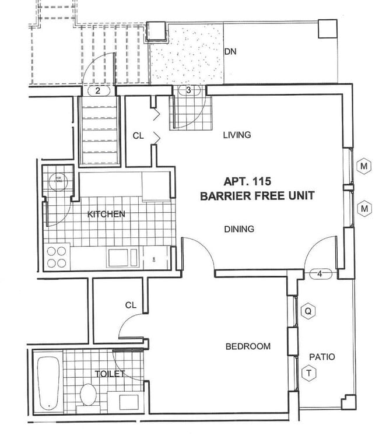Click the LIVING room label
237,135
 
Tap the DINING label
239,229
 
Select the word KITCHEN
106,215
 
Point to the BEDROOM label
248,346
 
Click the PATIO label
322,357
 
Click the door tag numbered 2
97,90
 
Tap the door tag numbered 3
188,90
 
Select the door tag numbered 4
320,273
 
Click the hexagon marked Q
308,312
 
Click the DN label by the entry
230,51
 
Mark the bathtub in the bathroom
47,382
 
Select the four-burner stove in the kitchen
57,257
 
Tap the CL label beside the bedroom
131,305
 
